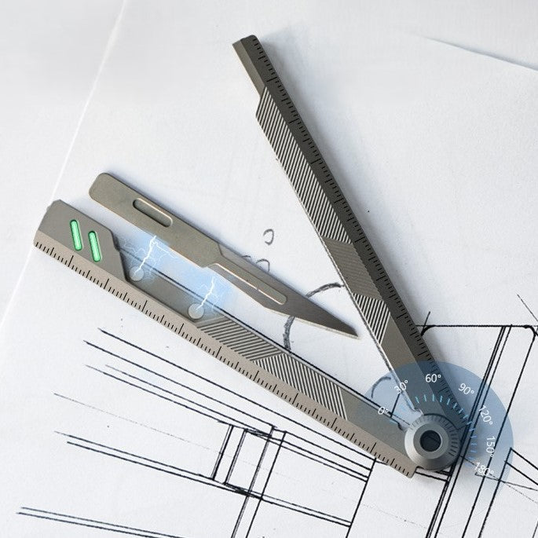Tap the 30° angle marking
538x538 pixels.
401,386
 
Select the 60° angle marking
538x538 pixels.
434,378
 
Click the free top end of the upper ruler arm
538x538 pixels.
244,42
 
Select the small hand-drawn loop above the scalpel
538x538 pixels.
269,236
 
